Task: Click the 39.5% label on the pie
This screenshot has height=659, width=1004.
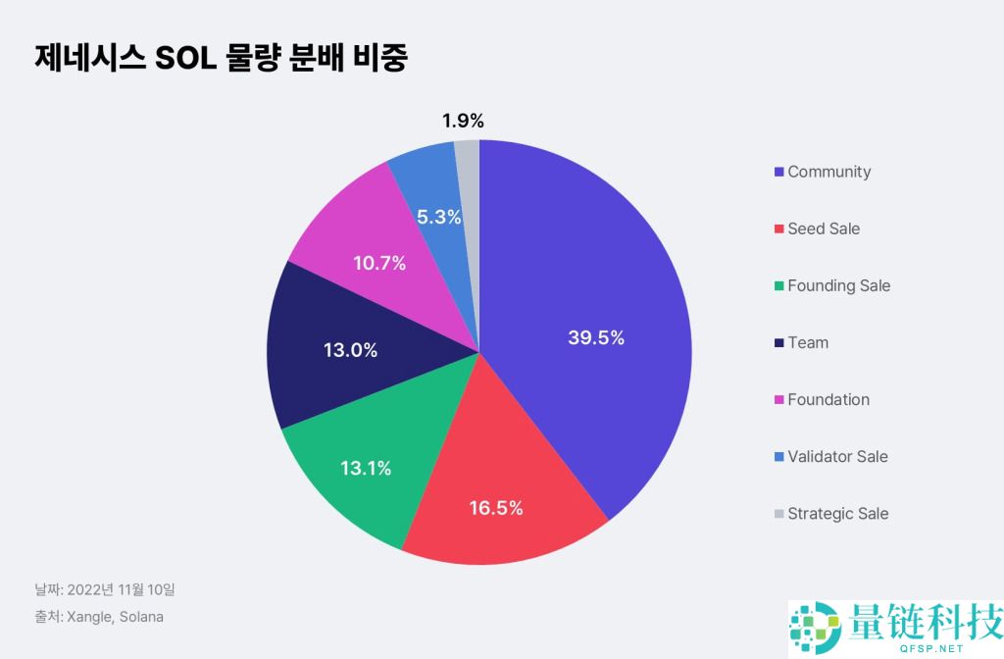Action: click(x=596, y=338)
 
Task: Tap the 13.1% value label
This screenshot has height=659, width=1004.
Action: click(x=366, y=469)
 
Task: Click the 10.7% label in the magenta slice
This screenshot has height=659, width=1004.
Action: click(x=378, y=263)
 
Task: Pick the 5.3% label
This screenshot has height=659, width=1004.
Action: click(x=438, y=218)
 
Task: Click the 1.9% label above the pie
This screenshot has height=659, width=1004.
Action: click(x=463, y=122)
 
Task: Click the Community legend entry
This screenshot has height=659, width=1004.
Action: click(x=828, y=172)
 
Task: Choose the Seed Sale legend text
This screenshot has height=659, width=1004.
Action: click(x=824, y=228)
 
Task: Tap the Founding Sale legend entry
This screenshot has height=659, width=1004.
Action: click(x=838, y=285)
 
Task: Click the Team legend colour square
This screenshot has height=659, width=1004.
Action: click(x=778, y=343)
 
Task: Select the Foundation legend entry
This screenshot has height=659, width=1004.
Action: click(x=828, y=399)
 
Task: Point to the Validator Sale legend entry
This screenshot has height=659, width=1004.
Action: click(x=837, y=456)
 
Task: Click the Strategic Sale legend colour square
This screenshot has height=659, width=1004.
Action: click(x=778, y=514)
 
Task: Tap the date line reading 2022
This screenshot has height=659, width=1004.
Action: click(x=105, y=589)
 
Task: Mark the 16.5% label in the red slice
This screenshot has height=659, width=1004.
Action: click(x=495, y=508)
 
